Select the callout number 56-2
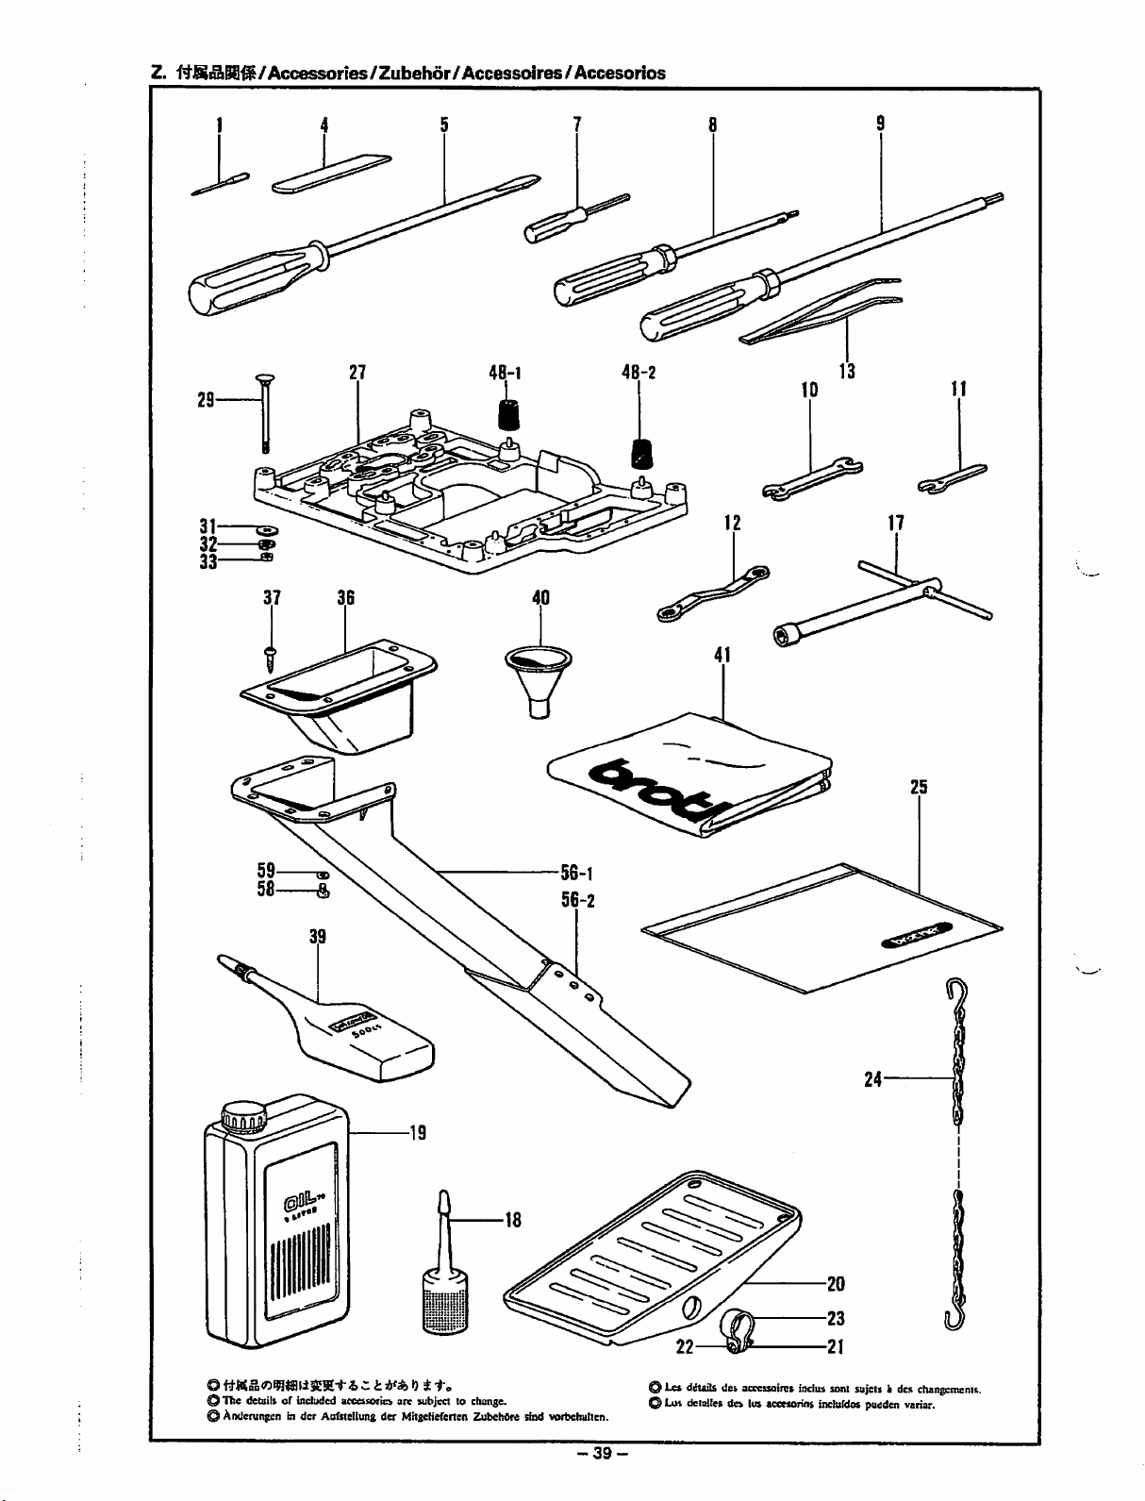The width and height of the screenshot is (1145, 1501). tap(577, 899)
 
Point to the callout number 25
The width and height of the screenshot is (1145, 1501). tap(920, 786)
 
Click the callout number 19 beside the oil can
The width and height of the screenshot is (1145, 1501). tap(417, 1132)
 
